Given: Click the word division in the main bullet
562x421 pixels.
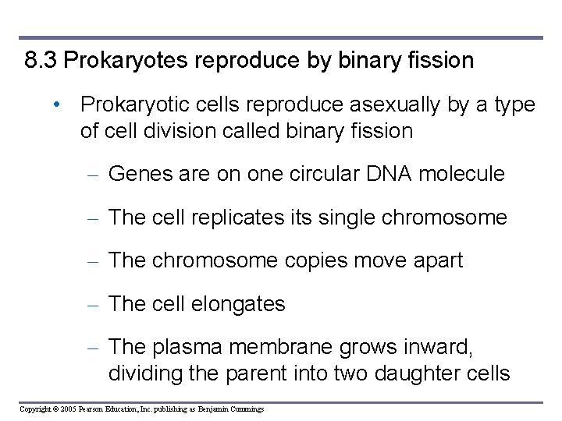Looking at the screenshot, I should point(187,131).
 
